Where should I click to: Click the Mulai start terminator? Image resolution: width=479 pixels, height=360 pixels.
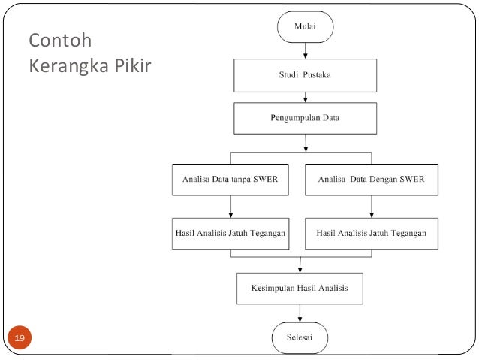[305, 27]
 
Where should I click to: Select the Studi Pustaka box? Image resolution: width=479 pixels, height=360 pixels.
[305, 75]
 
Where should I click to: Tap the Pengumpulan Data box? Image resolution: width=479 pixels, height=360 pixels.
[305, 118]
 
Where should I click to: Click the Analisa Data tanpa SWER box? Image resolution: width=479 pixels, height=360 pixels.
[230, 180]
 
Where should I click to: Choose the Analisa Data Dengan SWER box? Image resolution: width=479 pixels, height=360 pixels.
[372, 180]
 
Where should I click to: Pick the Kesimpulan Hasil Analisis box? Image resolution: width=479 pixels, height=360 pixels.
[300, 287]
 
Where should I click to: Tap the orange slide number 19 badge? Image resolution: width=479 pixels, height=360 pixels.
[20, 340]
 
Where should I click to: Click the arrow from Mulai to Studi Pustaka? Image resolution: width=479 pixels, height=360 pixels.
[305, 50]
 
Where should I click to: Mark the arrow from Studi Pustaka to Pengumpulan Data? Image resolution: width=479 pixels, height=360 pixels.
[305, 96]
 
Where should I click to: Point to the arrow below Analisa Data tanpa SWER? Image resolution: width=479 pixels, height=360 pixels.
[230, 206]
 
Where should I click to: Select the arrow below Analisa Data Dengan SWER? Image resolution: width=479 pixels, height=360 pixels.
[372, 206]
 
